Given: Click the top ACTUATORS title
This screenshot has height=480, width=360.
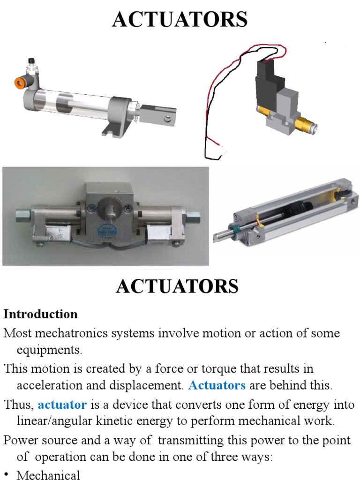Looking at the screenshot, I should click(180, 20).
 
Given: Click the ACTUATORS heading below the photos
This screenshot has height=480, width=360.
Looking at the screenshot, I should click(177, 286).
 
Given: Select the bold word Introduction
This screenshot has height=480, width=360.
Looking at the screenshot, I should click(41, 314).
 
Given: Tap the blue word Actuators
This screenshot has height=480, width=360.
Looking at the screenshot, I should click(217, 386).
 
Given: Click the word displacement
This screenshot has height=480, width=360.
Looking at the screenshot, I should click(150, 386).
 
